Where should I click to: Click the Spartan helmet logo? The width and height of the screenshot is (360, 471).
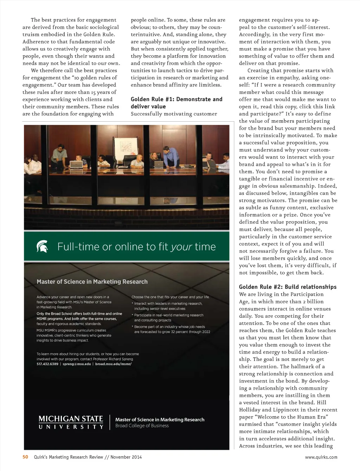click(42, 246)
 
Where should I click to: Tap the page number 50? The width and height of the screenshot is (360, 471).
click(25, 457)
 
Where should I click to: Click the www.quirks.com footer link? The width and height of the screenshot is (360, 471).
click(321, 457)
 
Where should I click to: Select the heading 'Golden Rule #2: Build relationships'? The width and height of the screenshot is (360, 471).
click(288, 287)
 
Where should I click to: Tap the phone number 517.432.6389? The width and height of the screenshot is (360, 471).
click(47, 364)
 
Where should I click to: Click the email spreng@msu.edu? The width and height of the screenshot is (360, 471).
click(77, 364)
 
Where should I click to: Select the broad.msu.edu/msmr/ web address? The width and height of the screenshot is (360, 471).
click(113, 364)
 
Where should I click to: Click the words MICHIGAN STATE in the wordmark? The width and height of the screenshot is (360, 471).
click(71, 419)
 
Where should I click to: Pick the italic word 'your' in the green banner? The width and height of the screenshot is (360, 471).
click(181, 247)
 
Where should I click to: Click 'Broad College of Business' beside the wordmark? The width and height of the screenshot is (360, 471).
click(142, 426)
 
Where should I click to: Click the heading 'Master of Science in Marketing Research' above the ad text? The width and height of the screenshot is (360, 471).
click(92, 281)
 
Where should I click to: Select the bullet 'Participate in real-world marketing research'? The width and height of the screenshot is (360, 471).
click(169, 315)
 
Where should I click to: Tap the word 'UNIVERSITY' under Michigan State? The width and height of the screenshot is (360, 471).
click(71, 427)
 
